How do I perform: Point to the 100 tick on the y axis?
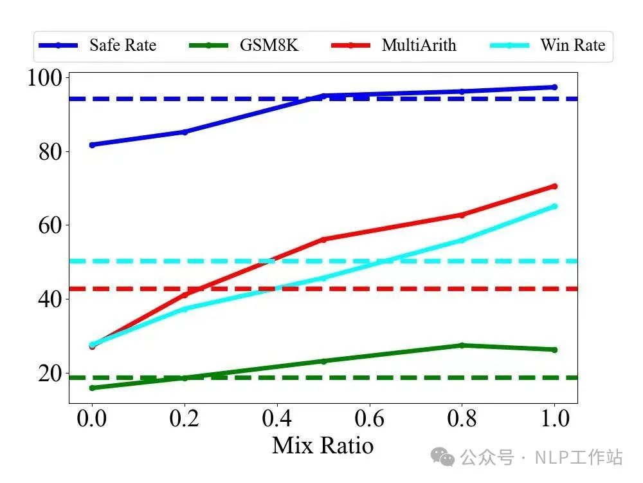coord(46,78)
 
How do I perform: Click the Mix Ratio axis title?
coord(323,446)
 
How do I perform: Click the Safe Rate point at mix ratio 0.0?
coord(92,145)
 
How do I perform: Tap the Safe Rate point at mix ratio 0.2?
coord(185,132)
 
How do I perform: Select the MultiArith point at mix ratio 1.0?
coord(554,186)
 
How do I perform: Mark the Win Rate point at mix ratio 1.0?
coord(554,207)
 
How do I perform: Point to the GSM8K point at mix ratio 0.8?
coord(462,345)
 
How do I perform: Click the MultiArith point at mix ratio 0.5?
coord(323,240)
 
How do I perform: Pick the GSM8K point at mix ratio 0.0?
coord(92,388)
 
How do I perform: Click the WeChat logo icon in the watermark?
coord(444,457)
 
